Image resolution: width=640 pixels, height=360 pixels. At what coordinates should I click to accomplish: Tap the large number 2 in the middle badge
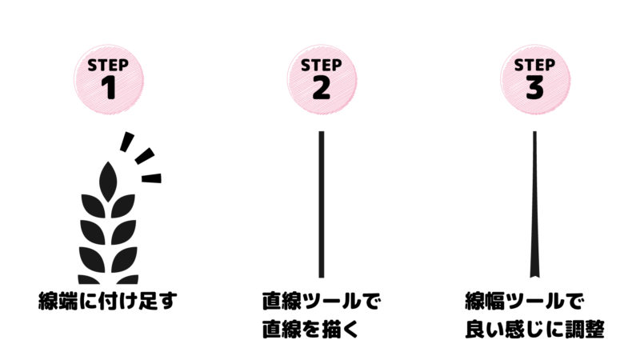[x=320, y=88]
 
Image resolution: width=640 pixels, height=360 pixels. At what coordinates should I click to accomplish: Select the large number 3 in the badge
[x=534, y=88]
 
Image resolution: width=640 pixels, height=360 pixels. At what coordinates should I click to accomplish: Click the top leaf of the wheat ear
[x=106, y=177]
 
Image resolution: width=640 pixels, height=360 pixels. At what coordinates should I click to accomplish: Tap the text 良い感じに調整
[x=534, y=330]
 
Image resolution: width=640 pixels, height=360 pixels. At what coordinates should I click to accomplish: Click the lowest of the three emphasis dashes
[x=150, y=178]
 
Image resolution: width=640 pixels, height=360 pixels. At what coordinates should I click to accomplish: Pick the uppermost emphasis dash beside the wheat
[x=125, y=142]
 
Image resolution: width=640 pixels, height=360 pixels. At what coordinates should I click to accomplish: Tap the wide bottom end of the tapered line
[x=534, y=270]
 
